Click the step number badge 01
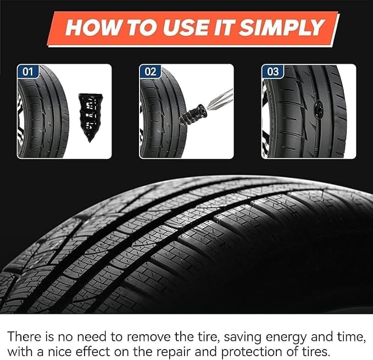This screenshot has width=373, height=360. click(x=27, y=71)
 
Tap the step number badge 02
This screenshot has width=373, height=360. click(x=150, y=71)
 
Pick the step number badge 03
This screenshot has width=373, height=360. click(x=272, y=71)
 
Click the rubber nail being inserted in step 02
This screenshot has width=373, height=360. click(x=193, y=115)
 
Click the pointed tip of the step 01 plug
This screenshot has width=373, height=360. click(x=90, y=142)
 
